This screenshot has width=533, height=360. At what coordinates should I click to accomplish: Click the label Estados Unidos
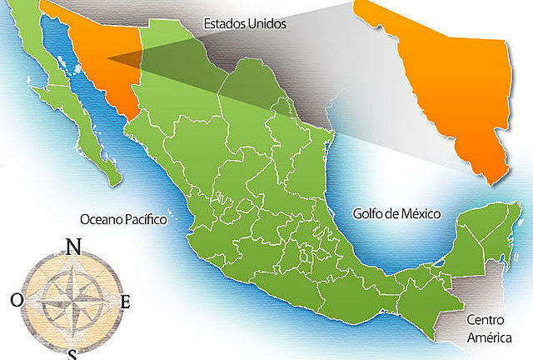click(244, 24)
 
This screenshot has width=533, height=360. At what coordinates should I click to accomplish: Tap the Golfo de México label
click(396, 214)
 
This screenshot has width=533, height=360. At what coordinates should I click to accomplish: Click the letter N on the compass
click(73, 247)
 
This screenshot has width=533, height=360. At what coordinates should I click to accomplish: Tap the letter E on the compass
click(126, 302)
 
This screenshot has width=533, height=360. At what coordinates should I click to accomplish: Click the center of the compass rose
click(72, 296)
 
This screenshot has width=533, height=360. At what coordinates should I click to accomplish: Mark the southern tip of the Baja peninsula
click(113, 178)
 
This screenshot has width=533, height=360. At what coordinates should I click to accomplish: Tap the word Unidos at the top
click(266, 24)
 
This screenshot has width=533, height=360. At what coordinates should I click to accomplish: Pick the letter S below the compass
click(73, 355)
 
